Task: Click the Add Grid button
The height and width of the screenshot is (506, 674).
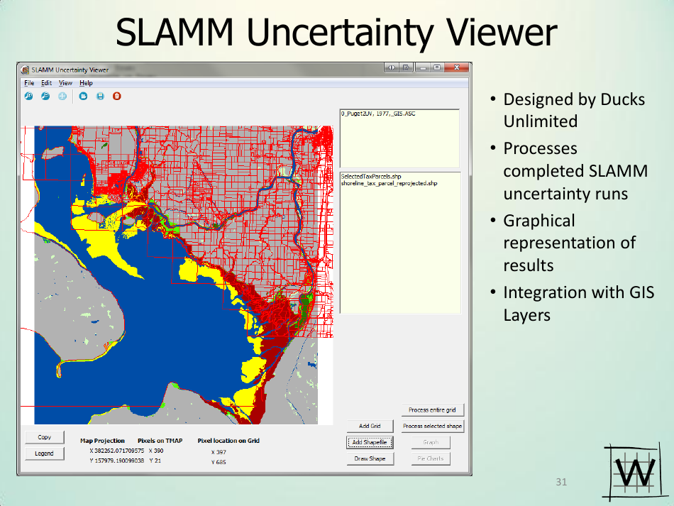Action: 370,426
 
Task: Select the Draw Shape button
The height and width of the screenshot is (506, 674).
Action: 370,458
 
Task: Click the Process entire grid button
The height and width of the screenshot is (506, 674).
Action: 432,409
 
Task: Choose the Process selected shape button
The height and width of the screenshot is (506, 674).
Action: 432,426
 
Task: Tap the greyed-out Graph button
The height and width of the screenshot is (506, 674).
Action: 431,442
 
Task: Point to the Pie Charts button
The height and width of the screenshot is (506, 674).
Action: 431,458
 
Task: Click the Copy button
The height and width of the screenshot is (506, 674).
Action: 44,437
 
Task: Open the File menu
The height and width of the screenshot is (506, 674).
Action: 29,83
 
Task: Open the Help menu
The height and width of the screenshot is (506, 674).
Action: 86,83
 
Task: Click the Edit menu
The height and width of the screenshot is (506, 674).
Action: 46,83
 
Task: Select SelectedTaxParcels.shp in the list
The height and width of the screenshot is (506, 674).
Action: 371,177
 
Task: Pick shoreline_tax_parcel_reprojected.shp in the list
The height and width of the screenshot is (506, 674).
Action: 389,183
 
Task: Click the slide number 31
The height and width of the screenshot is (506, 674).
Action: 561,483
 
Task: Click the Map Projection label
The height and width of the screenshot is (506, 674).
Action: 102,441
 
